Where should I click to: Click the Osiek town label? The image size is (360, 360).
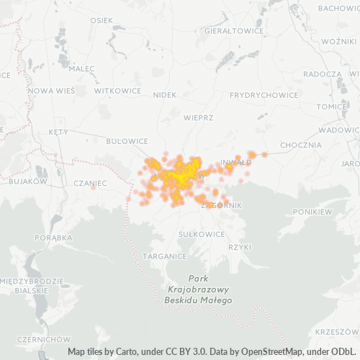pos(102,19)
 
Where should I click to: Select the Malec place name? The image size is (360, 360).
pos(82,68)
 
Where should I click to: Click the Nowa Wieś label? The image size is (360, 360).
pos(51,91)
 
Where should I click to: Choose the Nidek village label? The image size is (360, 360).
pos(165,95)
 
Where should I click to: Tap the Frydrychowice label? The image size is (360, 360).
pos(264,95)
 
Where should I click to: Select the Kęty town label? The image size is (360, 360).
pos(58,132)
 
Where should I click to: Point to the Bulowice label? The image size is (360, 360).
pos(127,142)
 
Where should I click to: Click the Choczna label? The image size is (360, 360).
pos(301,145)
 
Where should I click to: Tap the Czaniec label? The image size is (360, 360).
pos(90,183)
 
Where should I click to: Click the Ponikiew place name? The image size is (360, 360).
pos(312,212)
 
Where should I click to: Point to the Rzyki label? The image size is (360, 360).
pos(239,246)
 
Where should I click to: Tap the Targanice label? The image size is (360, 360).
pos(165,256)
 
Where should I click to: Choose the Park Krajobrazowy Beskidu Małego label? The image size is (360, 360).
pos(198,289)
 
